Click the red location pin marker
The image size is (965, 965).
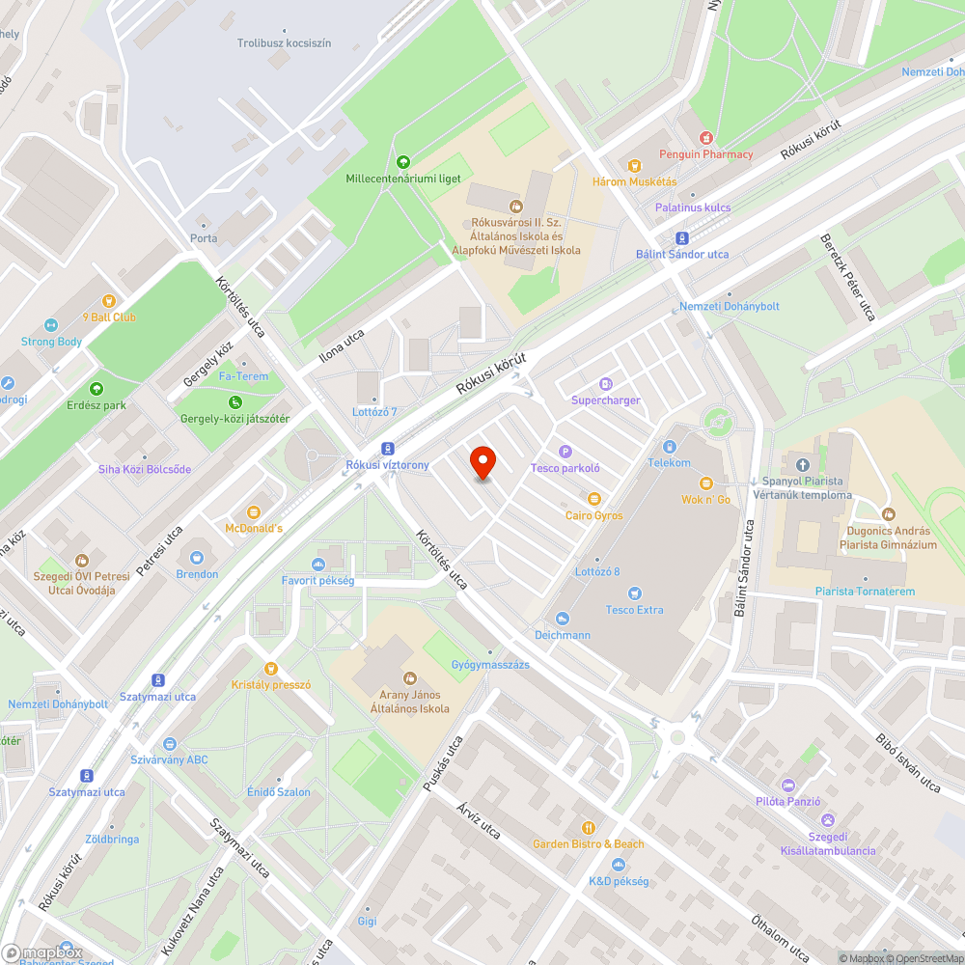(482, 462)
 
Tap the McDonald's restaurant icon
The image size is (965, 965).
(254, 512)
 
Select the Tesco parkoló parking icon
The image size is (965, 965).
(565, 452)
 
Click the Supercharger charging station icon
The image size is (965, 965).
(606, 384)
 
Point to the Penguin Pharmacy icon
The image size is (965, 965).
(706, 138)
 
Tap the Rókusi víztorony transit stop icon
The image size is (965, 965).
(387, 449)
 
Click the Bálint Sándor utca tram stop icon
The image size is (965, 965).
(682, 238)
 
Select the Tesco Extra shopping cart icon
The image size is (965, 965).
(634, 593)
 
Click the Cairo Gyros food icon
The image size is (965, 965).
(593, 499)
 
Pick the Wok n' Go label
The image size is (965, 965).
(706, 499)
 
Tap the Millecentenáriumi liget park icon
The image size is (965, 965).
(403, 162)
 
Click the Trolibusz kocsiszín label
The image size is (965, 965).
(284, 43)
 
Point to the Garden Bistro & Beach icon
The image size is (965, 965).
(588, 828)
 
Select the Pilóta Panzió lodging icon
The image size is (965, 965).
(788, 786)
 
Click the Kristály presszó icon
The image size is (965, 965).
(271, 668)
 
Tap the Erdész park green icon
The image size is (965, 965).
(96, 389)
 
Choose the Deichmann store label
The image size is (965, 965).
(563, 635)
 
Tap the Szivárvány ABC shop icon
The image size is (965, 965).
(170, 743)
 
